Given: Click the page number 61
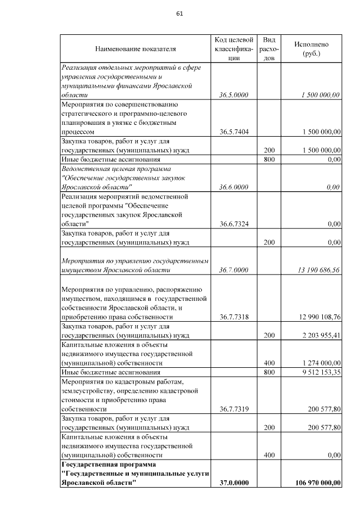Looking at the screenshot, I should tap(179, 13).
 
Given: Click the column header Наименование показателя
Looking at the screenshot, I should tap(136, 49).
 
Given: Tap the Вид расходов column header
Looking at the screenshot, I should tap(269, 49).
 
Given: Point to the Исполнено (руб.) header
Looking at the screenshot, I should tap(311, 49).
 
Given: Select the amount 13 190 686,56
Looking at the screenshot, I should tap(314, 270).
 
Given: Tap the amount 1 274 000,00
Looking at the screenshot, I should tap(317, 363).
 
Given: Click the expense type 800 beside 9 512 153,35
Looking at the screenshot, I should tap(269, 372).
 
